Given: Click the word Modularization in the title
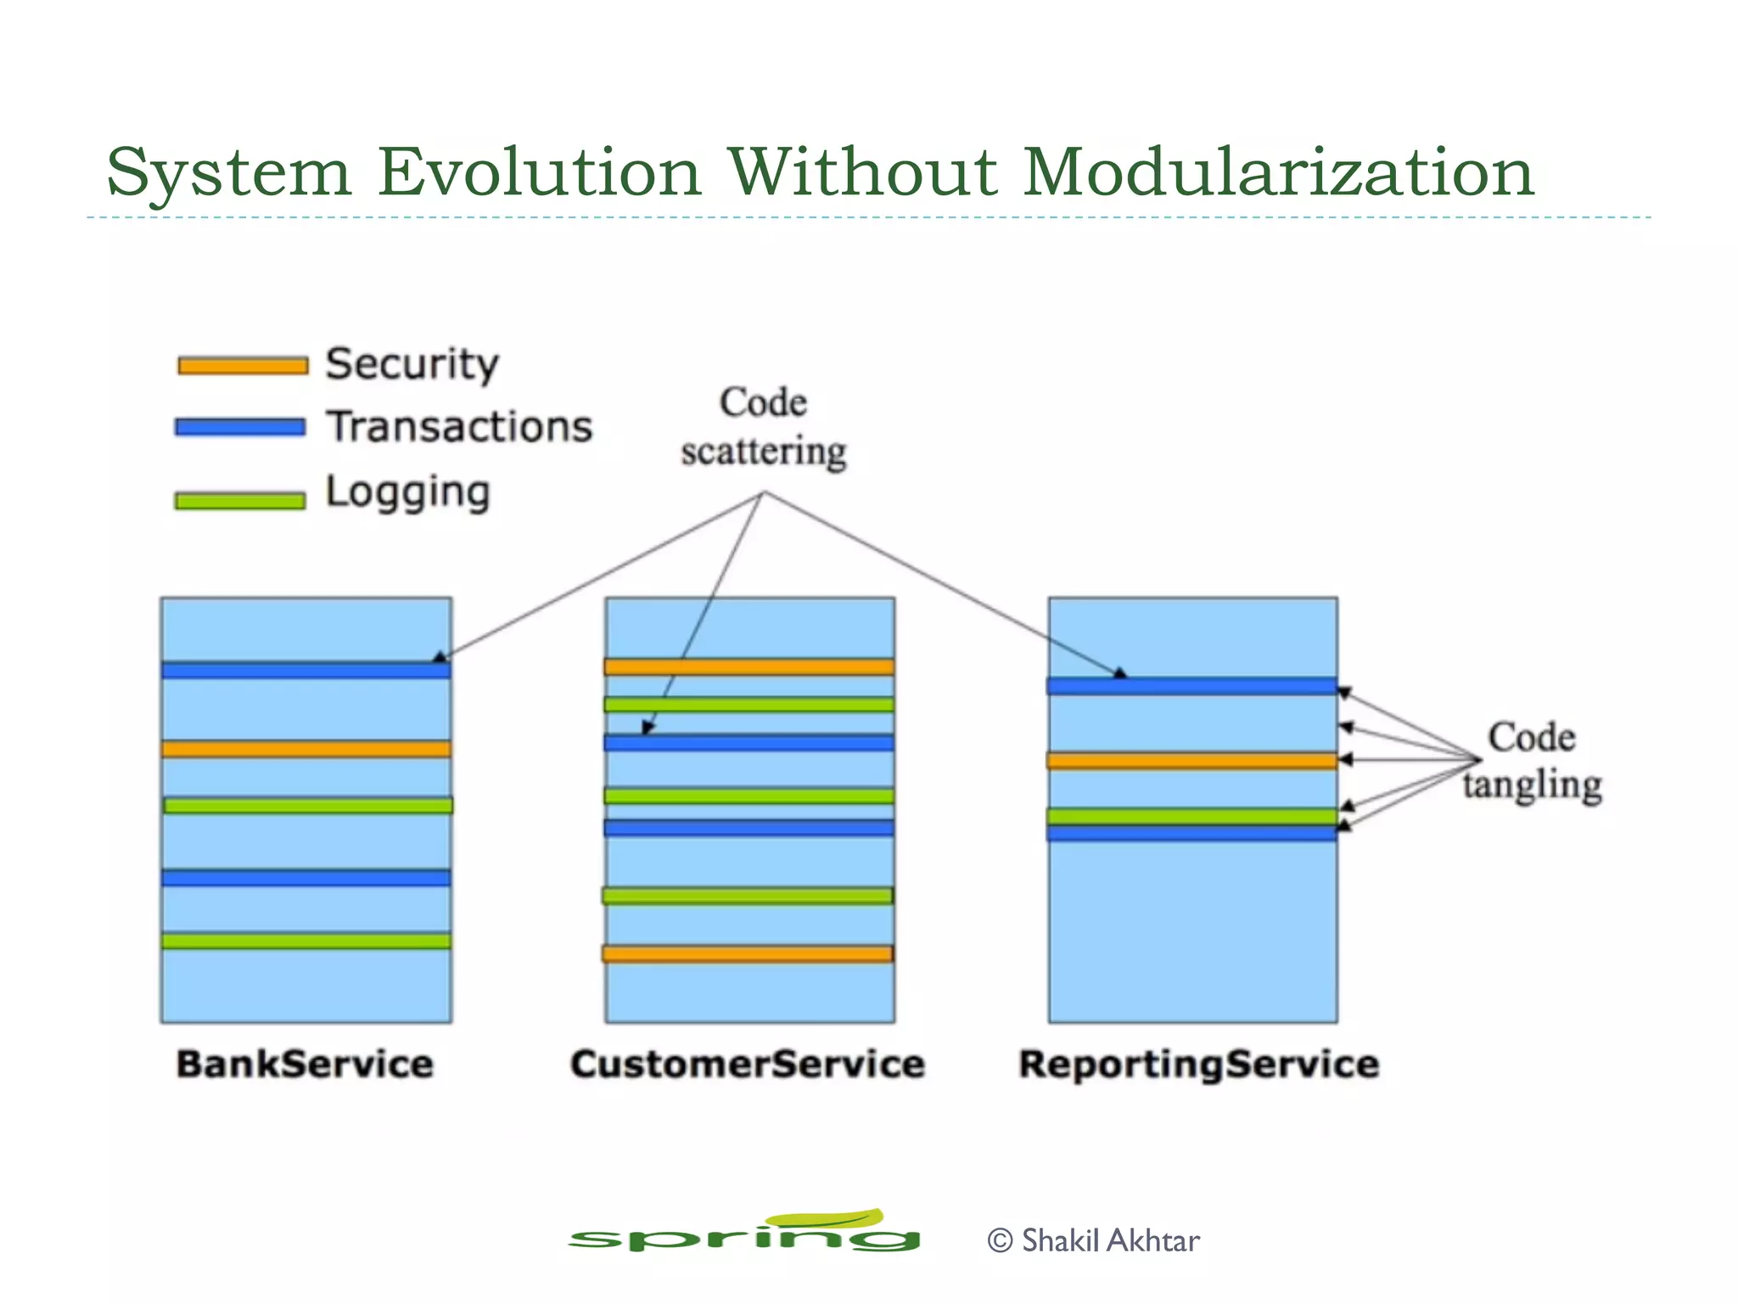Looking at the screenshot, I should pos(1278,172).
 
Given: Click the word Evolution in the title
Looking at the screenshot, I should pos(539,172).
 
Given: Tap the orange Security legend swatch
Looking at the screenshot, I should pos(243,366).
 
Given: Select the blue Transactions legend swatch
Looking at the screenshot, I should pos(240,427).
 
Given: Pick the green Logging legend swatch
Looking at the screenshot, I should pos(240,501).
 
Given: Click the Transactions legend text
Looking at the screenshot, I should pos(460,427).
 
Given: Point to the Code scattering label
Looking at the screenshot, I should pos(763,427).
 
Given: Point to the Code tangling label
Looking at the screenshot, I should pos(1532,761).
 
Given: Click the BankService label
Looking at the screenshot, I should pos(305,1065).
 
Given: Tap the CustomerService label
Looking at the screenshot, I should pos(747,1065).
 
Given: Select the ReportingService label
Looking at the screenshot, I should pos(1198,1065).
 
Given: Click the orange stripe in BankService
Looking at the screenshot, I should pos(306,749).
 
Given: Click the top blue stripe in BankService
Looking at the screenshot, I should pos(306,671).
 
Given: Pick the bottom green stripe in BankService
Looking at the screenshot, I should pos(306,941).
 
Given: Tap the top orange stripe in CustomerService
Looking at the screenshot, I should pos(749,666).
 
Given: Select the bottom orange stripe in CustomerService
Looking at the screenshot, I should pos(748,954).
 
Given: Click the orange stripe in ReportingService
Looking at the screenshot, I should pos(1191,761).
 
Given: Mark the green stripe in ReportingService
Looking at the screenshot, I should pos(1191,816).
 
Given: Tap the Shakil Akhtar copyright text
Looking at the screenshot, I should pos(1094,1241).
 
